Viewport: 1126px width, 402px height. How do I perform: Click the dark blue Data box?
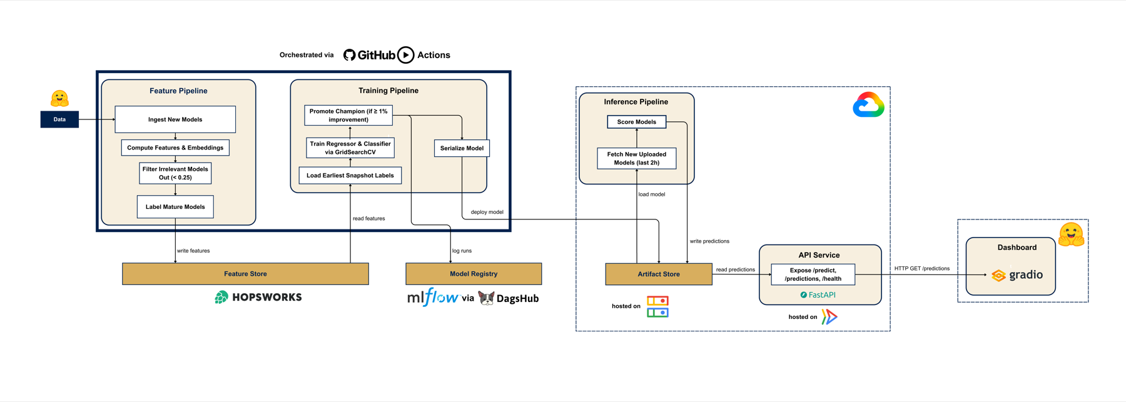(59, 119)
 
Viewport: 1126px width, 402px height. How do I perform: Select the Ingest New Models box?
(175, 119)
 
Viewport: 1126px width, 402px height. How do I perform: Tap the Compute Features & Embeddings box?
(175, 148)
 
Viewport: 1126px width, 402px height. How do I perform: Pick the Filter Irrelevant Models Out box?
(175, 173)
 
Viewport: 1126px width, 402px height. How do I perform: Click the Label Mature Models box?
(175, 207)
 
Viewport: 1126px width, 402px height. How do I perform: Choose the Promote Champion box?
(348, 116)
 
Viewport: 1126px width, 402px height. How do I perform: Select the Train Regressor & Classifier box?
(350, 148)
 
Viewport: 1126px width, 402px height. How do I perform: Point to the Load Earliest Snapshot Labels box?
(350, 176)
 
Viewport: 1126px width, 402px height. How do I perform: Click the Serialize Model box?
(462, 148)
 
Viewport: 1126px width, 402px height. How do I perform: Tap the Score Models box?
(637, 122)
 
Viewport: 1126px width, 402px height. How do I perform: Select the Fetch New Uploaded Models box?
(637, 158)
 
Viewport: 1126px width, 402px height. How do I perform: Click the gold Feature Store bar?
(245, 274)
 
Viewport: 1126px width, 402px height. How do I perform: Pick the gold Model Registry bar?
(474, 274)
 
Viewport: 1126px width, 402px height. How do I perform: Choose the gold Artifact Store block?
(659, 274)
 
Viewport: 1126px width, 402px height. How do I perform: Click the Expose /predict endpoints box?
(813, 274)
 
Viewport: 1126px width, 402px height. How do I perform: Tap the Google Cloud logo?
(868, 105)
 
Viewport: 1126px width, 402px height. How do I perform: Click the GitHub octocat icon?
(350, 55)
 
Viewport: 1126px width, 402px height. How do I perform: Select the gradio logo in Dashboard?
(1017, 274)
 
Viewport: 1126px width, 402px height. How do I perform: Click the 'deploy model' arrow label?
(487, 212)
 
